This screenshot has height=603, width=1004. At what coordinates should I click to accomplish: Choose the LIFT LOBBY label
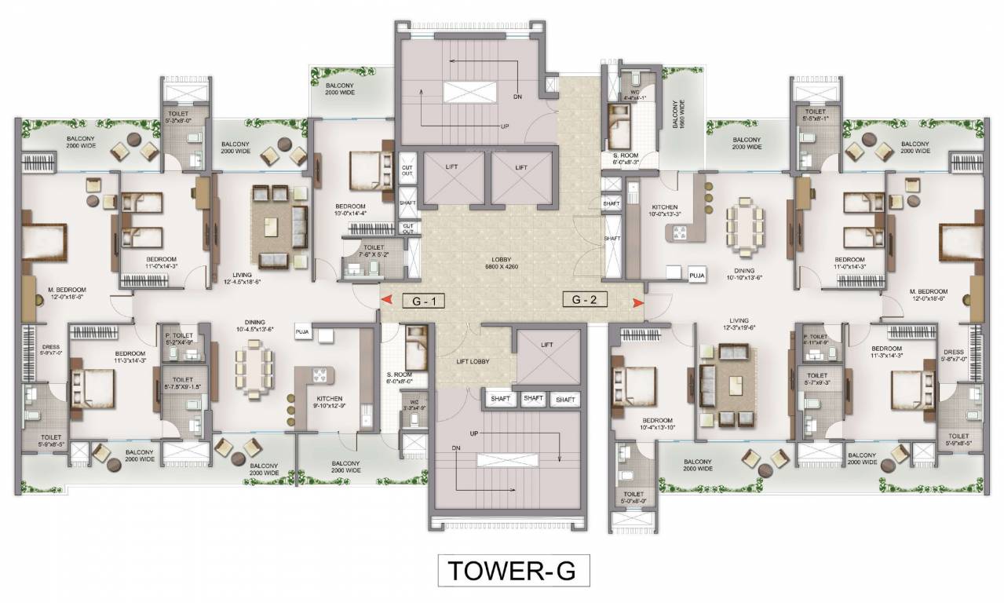click(474, 361)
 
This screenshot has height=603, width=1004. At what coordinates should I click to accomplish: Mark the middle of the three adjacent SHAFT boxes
click(533, 399)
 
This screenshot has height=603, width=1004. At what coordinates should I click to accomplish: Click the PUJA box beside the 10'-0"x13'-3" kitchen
click(696, 276)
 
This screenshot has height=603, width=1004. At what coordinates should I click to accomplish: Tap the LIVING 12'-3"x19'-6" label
click(738, 325)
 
